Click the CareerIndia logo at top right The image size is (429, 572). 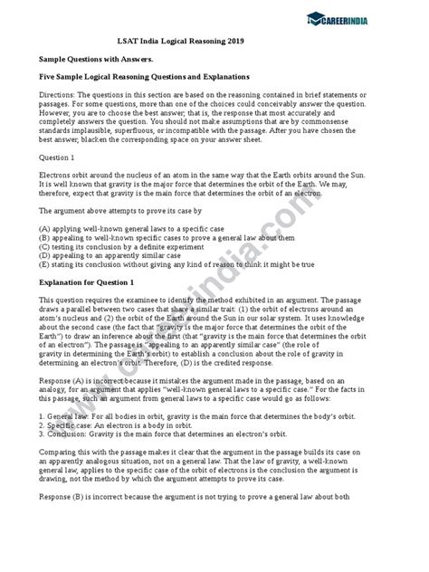(x=370, y=17)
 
